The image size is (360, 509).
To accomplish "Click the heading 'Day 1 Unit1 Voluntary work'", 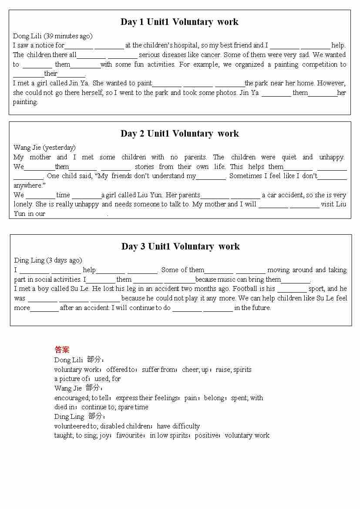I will point(179,22).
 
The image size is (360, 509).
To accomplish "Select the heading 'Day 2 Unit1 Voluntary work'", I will point(179,134).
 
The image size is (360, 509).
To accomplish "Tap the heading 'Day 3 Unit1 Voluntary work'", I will point(180,246).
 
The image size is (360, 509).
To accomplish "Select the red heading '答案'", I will point(62,350).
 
